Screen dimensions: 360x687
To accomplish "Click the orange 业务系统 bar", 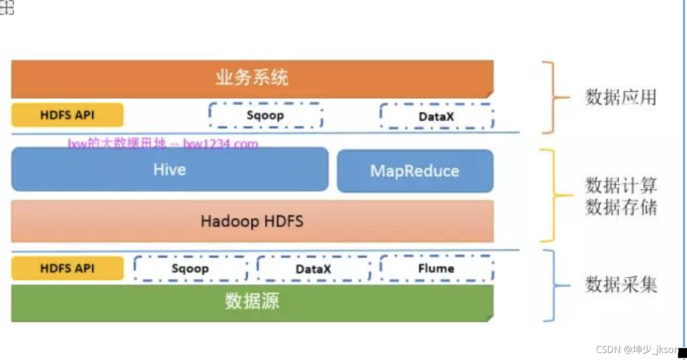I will click(x=252, y=78).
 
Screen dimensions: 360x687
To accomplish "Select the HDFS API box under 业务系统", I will click(x=67, y=115).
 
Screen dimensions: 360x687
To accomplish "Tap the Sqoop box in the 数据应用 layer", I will click(x=265, y=116).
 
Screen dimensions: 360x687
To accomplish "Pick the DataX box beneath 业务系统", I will click(x=436, y=117).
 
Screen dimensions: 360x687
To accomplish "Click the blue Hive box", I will click(x=170, y=170).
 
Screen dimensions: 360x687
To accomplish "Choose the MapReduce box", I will click(x=415, y=171).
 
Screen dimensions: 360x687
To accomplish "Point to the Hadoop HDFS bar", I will click(x=252, y=221).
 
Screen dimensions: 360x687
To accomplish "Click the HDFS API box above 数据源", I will click(x=67, y=268).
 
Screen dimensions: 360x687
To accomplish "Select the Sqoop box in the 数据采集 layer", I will click(x=190, y=269).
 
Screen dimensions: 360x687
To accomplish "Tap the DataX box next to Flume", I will click(x=313, y=269).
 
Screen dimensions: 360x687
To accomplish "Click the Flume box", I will click(x=436, y=269).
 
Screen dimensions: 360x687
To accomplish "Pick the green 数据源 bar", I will click(x=252, y=302).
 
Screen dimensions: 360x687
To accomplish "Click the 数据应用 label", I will click(x=621, y=97).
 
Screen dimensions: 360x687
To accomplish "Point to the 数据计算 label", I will click(x=621, y=186).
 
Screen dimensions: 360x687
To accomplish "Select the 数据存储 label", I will click(x=621, y=207).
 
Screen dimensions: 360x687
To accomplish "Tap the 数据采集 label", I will click(x=621, y=285).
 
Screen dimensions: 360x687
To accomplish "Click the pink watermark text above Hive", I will click(x=163, y=145).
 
